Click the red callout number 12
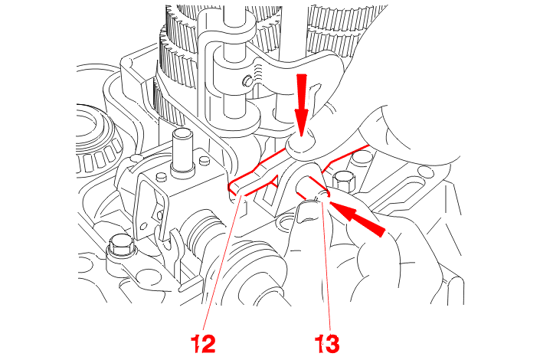[203, 343]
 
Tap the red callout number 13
[327, 343]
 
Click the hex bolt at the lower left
[120, 247]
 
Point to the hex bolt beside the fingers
[344, 181]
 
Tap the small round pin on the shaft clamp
[247, 81]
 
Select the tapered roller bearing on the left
[98, 141]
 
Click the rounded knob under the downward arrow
[301, 143]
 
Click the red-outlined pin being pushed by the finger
[313, 188]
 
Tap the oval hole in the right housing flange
[427, 170]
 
